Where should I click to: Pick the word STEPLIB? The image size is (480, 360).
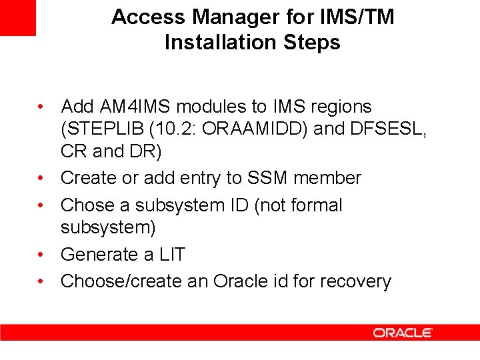(x=99, y=129)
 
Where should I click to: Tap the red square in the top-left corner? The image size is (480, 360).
(x=17, y=17)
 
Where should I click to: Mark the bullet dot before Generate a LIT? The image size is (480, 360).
(x=41, y=255)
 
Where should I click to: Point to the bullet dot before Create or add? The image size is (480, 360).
(x=41, y=178)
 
